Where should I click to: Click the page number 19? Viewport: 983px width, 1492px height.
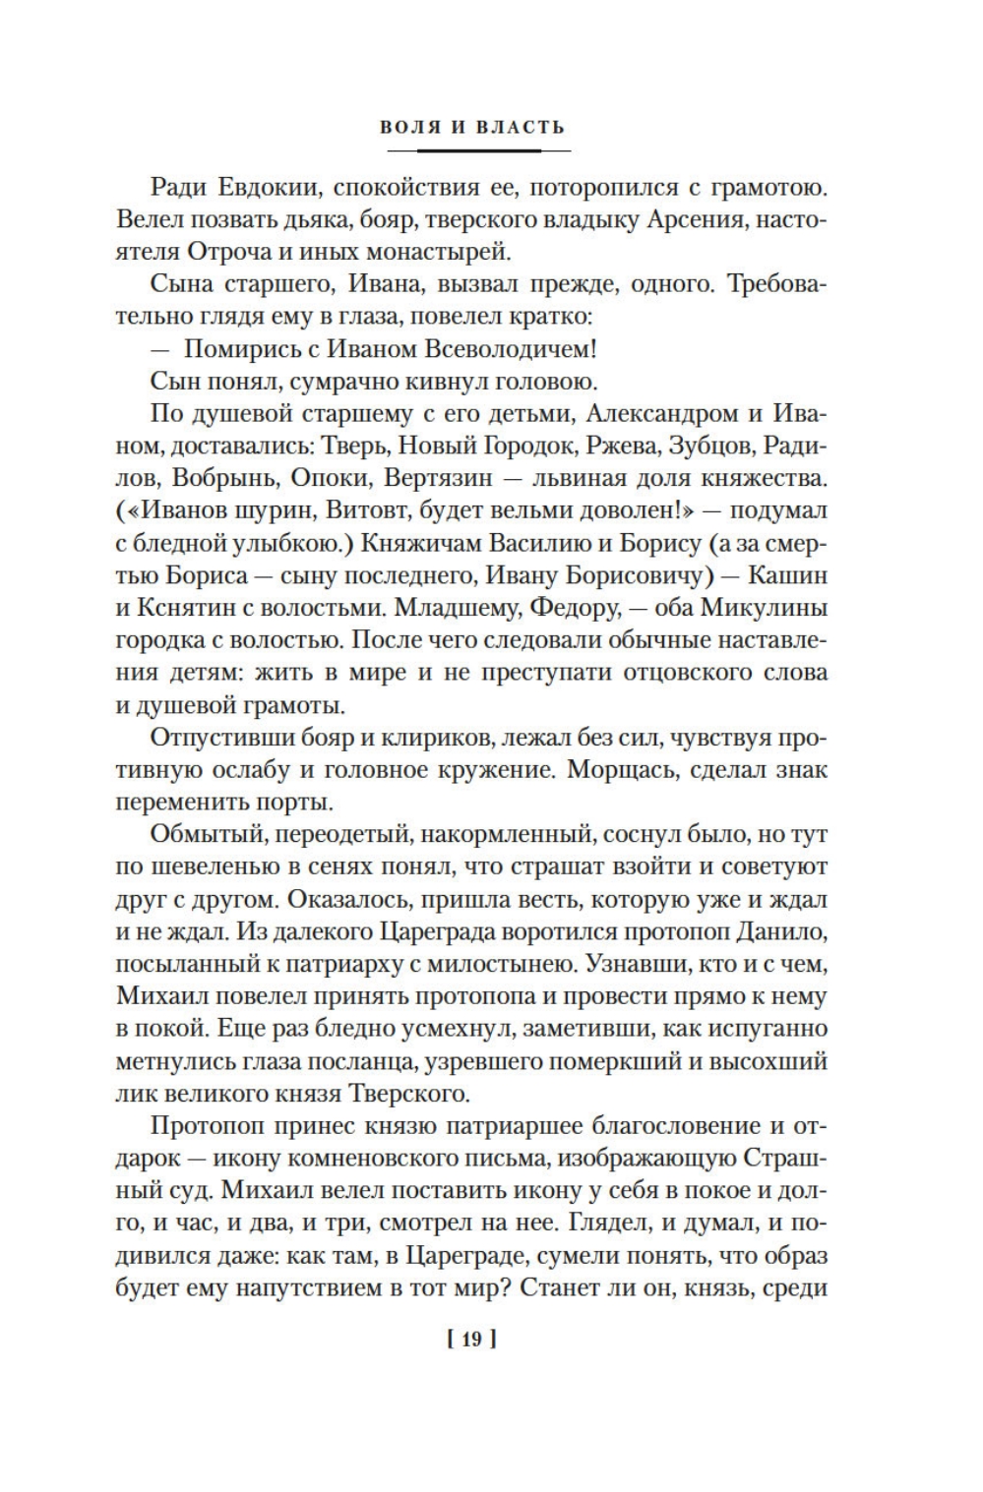(x=471, y=1339)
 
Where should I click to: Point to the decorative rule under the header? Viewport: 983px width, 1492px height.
(x=479, y=150)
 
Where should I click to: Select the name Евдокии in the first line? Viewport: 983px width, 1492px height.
(x=262, y=188)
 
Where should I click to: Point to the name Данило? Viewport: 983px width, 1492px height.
(x=784, y=931)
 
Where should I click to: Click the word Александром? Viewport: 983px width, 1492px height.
(x=652, y=414)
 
